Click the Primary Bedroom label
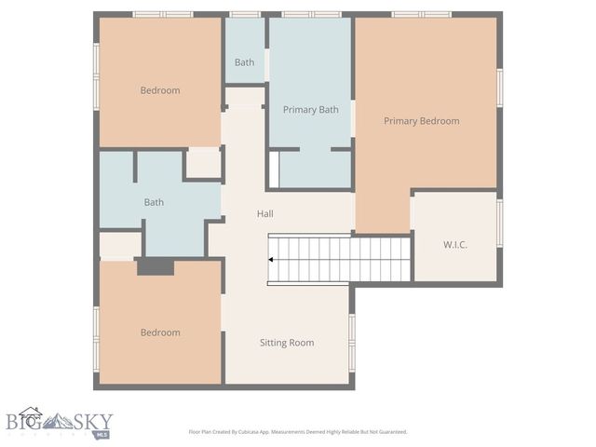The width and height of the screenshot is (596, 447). [421, 121]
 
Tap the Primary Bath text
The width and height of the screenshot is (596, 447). [310, 110]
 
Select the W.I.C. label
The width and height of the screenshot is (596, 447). [454, 244]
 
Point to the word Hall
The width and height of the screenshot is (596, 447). [265, 214]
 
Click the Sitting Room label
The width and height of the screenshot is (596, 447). [286, 343]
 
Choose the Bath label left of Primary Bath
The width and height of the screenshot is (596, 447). [244, 62]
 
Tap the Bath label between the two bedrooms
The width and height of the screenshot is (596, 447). [154, 202]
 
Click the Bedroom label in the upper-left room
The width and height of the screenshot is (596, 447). [160, 90]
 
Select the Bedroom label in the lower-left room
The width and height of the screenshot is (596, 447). [160, 332]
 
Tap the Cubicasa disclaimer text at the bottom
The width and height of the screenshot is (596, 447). [297, 432]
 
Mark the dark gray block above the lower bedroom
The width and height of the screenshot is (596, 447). [156, 266]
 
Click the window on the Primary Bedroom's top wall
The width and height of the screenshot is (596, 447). [421, 14]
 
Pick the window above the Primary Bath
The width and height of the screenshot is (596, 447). [312, 14]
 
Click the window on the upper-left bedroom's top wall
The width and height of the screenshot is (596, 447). [162, 14]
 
